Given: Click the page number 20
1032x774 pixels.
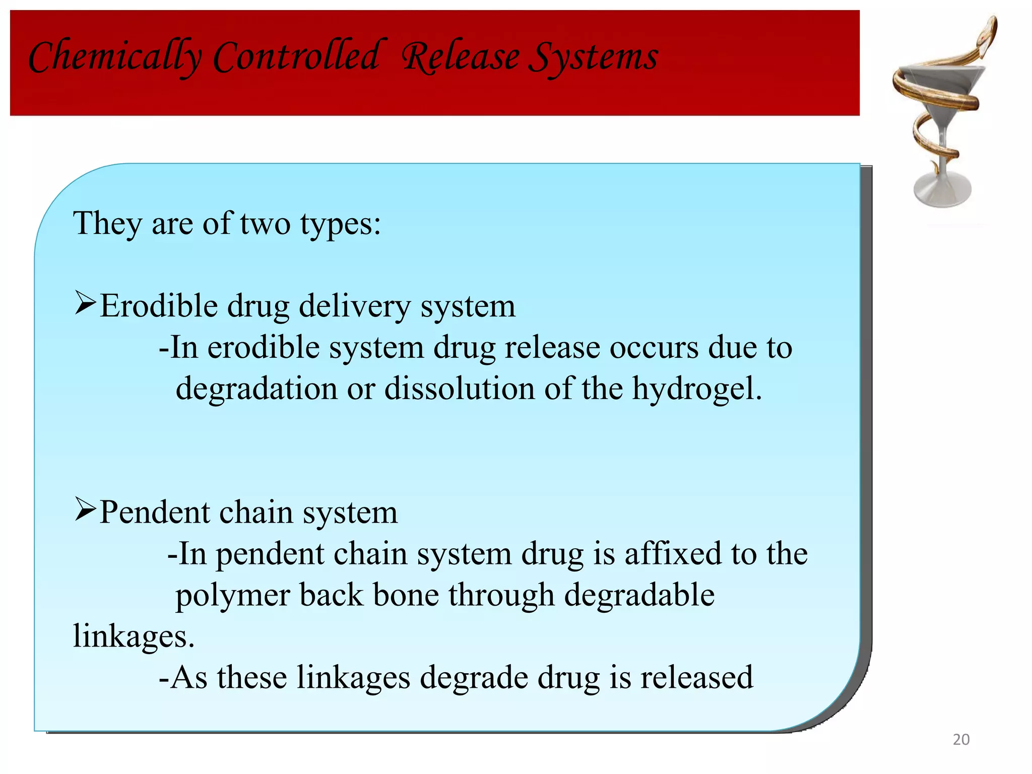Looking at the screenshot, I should pos(961,740).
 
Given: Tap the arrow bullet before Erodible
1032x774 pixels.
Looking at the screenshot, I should pos(85,303).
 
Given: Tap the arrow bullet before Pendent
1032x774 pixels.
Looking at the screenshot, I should pos(85,509).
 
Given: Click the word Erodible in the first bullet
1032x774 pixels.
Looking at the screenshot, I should pos(158,306).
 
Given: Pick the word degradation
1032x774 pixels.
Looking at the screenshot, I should pos(256,389).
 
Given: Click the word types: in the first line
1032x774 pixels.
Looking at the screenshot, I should pos(341,224).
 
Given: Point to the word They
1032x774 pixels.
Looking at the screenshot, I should pos(107,223).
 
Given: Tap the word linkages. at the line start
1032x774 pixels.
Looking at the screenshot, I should pos(134,636).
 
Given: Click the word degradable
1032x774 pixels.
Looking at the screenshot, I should pos(639,596).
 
